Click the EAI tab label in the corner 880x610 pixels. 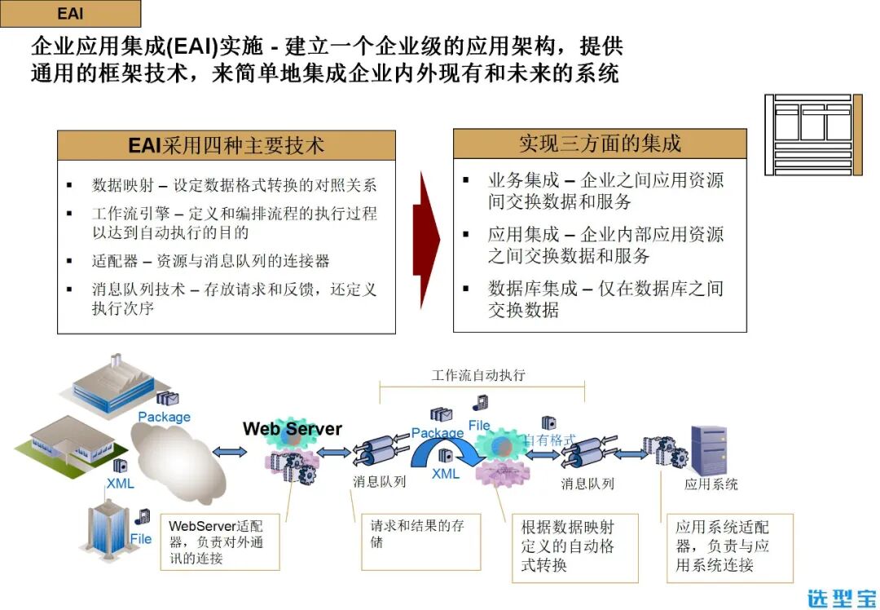[x=70, y=14]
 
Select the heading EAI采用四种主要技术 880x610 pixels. [x=226, y=145]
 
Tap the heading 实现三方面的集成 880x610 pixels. [x=599, y=144]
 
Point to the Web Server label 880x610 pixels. [x=293, y=429]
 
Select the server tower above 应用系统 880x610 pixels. [x=707, y=449]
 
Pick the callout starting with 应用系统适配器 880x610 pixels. [x=727, y=546]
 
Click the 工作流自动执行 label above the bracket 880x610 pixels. [x=478, y=376]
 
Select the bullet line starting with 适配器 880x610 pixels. [x=210, y=262]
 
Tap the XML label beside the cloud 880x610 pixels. [x=121, y=484]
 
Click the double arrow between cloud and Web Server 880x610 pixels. [x=231, y=452]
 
